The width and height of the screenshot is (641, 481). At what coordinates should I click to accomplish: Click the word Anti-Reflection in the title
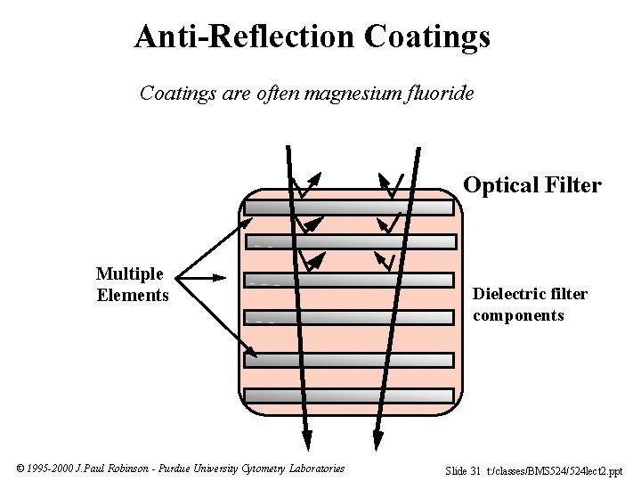[x=245, y=37]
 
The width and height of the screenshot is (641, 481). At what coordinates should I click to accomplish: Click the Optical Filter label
[x=532, y=185]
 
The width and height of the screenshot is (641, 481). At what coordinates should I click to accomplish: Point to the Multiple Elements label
[x=132, y=284]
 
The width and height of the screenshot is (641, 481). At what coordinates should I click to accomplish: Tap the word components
[x=518, y=315]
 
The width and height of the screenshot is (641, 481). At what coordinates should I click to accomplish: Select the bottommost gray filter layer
[x=349, y=395]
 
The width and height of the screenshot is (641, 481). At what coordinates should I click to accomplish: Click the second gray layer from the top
[x=349, y=241]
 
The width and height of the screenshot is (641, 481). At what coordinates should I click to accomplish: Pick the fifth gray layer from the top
[x=349, y=360]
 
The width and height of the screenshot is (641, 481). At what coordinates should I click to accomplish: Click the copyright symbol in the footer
[x=20, y=469]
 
